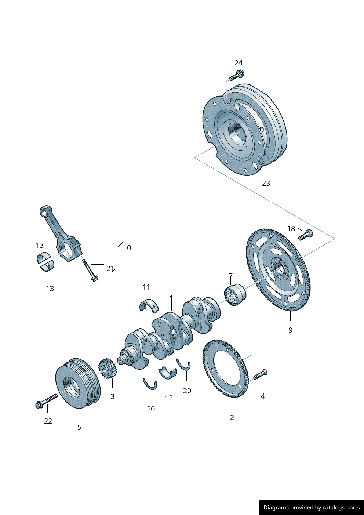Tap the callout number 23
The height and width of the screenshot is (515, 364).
click(266, 183)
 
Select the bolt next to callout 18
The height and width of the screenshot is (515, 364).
click(305, 235)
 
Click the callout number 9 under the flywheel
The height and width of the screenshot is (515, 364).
click(290, 330)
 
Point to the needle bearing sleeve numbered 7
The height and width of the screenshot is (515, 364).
click(235, 295)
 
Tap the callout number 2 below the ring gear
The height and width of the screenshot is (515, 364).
click(232, 417)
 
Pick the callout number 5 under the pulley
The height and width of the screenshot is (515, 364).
click(79, 427)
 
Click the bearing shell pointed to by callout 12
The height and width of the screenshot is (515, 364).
click(168, 373)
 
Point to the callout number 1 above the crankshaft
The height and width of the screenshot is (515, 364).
click(171, 298)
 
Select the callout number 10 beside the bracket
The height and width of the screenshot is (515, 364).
click(127, 248)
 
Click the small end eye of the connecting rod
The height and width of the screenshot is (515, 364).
click(44, 211)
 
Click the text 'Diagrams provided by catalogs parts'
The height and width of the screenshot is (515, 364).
click(312, 508)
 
